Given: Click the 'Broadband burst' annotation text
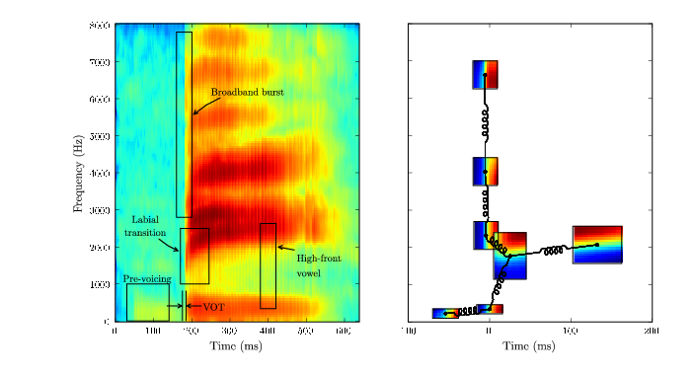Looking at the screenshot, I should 247,92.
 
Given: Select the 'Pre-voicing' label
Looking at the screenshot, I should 147,278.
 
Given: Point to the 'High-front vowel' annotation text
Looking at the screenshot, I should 319,264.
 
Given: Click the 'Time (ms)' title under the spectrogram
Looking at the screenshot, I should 237,346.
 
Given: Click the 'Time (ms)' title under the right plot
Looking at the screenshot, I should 530,346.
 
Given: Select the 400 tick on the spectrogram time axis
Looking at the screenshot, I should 268,330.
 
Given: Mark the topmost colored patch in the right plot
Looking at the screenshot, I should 485,74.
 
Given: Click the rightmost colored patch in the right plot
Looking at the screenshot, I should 597,244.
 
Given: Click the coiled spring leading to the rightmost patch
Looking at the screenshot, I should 554,250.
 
